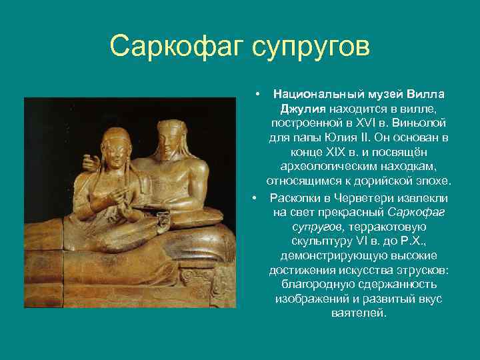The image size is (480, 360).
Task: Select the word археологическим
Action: coord(327,167)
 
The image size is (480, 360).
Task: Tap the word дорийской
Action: coord(379,181)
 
